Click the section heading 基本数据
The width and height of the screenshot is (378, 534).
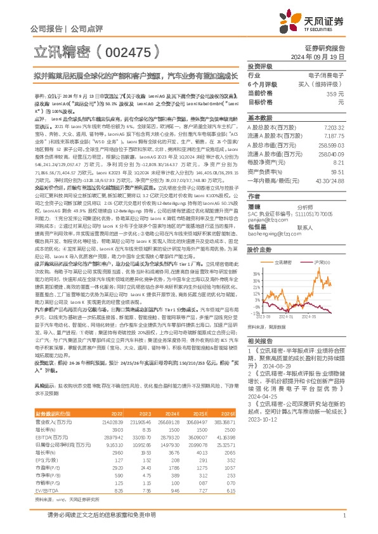coord(260,119)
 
